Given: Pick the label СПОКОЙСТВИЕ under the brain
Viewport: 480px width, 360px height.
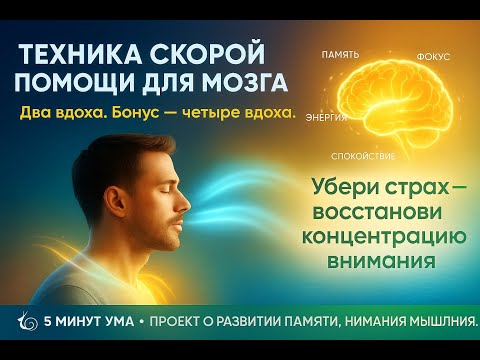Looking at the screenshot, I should (x=364, y=157).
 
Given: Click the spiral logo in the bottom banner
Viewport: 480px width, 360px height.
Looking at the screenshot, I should (x=25, y=321).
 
